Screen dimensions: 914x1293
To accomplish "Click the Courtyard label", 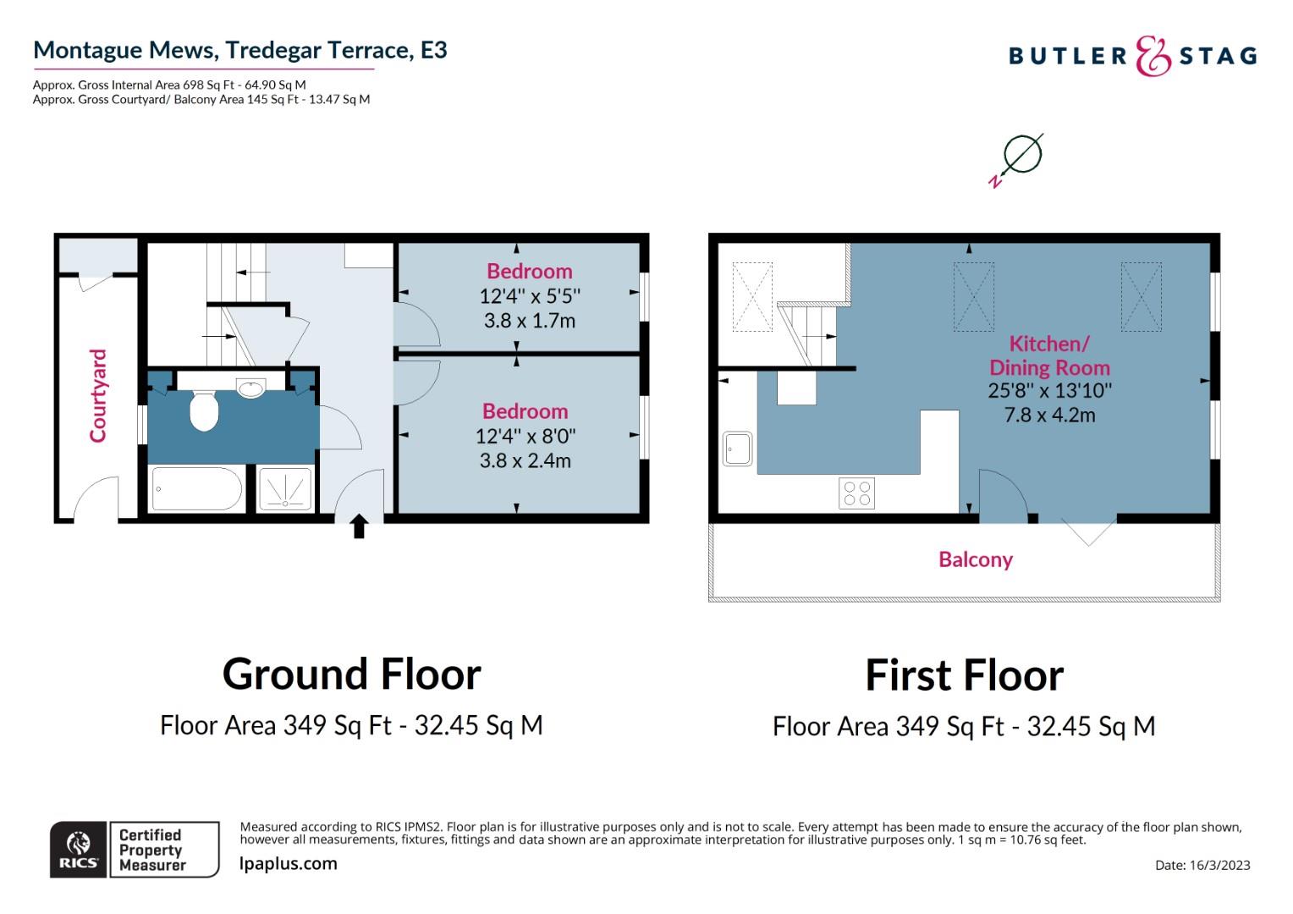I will click(98, 395).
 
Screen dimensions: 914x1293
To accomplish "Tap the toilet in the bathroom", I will click(204, 410).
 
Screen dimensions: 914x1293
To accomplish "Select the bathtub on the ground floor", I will click(196, 489).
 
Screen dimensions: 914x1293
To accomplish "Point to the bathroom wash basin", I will click(250, 388).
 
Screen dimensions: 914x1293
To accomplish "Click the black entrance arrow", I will click(359, 526).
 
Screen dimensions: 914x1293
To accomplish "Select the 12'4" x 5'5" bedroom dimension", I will click(530, 296).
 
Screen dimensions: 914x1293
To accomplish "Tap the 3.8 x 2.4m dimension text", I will click(527, 461).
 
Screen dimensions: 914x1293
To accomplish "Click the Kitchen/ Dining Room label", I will click(1049, 355).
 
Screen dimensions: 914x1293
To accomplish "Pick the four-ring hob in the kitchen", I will click(856, 493).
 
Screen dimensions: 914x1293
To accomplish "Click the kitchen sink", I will click(737, 449).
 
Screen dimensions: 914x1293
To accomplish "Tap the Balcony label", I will click(976, 559).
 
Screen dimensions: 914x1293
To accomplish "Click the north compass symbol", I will click(1019, 157).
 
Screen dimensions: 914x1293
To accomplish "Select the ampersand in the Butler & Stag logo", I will click(1153, 57).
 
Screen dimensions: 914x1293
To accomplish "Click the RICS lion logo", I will click(79, 849).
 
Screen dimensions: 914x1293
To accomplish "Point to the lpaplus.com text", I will click(289, 864).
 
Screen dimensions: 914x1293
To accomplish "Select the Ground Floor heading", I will click(351, 674).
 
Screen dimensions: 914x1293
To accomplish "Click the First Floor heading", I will click(964, 675).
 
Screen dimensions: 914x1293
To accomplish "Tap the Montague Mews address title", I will click(239, 50).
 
